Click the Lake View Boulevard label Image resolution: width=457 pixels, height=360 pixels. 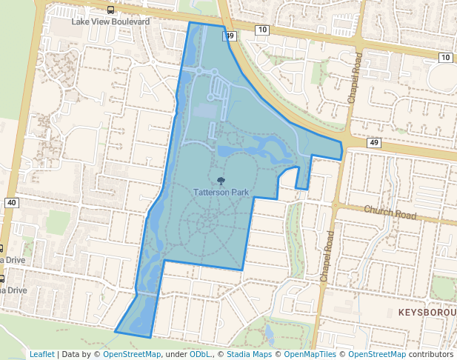[110, 22]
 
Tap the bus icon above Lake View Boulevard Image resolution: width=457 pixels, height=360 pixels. [110, 10]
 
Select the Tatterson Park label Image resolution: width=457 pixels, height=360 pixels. [221, 191]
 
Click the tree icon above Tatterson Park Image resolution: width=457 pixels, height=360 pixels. [221, 179]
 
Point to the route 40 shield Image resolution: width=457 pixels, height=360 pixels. [10, 202]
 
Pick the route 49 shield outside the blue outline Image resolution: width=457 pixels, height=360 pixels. [373, 142]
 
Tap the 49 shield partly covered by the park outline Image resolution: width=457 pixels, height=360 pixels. [231, 36]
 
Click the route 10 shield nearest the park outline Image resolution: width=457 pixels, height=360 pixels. [261, 30]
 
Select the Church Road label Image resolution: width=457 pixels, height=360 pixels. [390, 213]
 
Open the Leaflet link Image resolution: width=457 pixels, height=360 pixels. [42, 354]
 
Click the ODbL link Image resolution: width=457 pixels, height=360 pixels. [200, 354]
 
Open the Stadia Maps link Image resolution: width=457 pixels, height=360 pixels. [249, 354]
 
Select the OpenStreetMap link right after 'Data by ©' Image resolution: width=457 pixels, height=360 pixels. [132, 354]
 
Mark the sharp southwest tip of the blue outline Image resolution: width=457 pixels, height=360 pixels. [115, 330]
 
